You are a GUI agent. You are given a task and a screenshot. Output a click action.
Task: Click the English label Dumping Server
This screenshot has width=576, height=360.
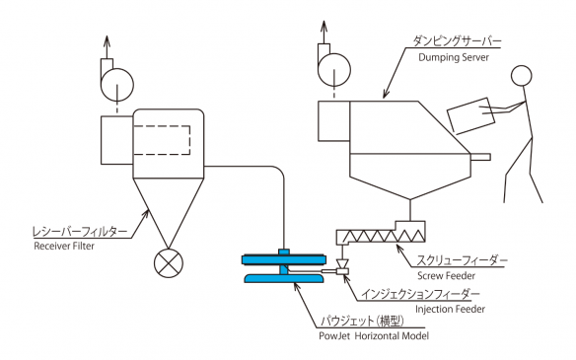[454, 57]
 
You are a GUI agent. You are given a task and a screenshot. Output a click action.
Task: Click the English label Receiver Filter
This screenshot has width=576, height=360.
[64, 246]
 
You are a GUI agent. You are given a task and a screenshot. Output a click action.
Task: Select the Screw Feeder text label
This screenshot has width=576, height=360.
[446, 275]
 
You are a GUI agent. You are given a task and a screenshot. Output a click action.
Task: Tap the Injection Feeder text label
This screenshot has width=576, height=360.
[450, 309]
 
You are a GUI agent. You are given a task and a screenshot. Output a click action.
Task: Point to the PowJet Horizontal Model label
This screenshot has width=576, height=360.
[374, 335]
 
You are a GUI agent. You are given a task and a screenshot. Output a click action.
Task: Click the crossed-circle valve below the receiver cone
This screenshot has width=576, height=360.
[169, 263]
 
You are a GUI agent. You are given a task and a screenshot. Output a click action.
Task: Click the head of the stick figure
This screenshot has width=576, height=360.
[522, 76]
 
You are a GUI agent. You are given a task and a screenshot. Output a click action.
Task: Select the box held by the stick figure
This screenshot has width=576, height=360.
[470, 115]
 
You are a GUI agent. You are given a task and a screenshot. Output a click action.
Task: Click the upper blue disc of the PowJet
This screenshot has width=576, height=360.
[284, 259]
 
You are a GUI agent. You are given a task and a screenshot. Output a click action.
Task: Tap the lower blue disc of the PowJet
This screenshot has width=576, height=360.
[284, 278]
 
